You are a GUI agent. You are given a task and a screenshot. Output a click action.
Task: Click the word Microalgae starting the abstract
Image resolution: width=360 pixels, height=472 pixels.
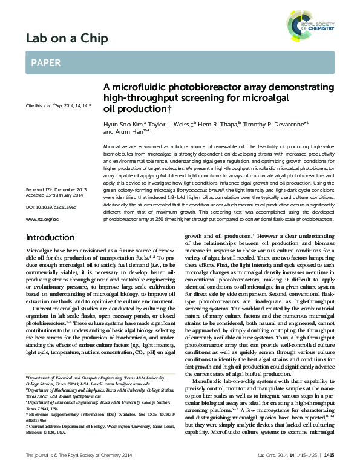coord(117,147)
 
